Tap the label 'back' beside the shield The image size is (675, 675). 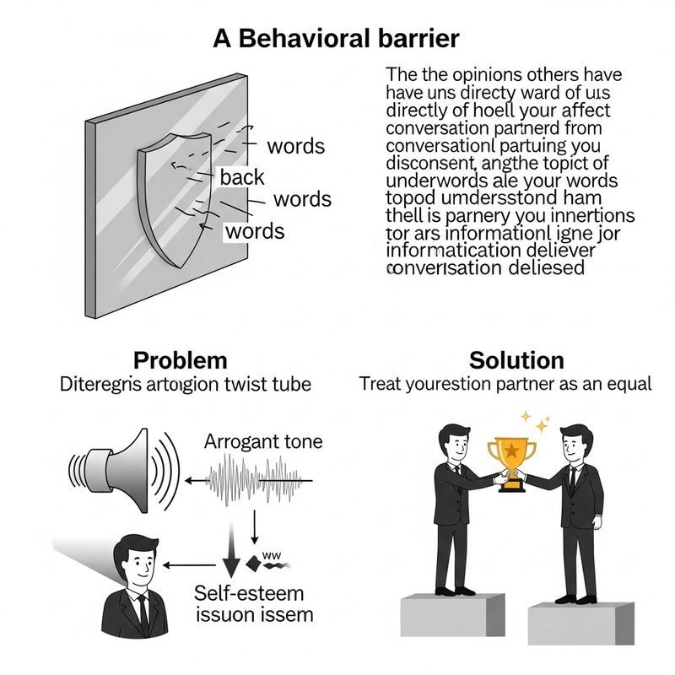click(x=242, y=177)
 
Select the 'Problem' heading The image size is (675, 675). click(x=181, y=360)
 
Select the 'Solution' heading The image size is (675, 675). click(x=516, y=360)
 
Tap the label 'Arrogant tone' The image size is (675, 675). click(x=263, y=441)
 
